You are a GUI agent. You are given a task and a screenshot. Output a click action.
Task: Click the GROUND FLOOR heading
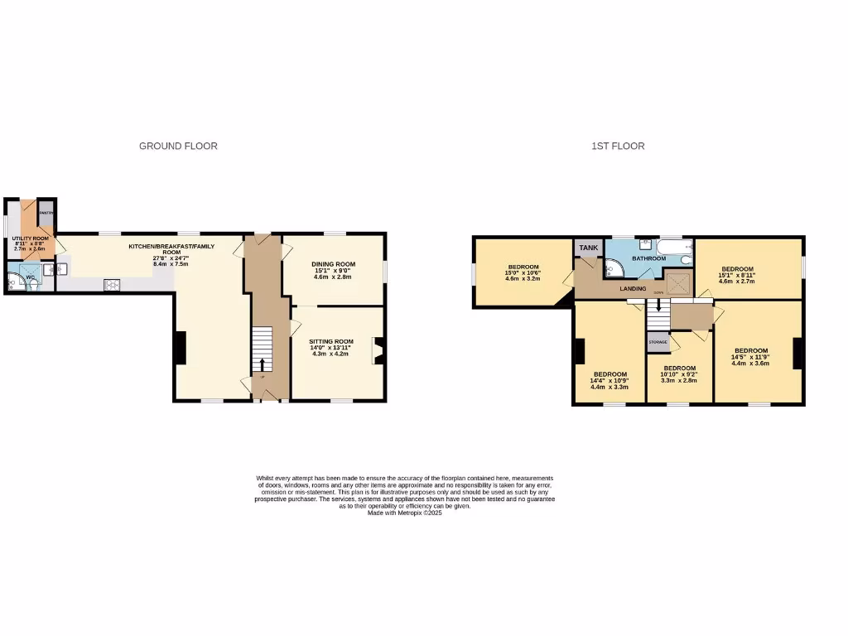[x=178, y=146]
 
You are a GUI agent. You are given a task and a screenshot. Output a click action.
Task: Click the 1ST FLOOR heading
[x=618, y=146]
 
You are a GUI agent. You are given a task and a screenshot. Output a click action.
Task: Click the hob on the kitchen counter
[x=111, y=285]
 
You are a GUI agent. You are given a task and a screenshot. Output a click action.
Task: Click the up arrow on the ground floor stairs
[x=263, y=365]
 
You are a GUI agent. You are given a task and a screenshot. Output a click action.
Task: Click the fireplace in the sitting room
[x=378, y=350]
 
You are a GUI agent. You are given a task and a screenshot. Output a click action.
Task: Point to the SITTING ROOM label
[x=331, y=341]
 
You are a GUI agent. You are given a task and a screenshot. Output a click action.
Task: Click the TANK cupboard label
[x=589, y=248]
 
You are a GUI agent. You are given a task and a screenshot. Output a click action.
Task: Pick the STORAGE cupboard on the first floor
[x=658, y=341]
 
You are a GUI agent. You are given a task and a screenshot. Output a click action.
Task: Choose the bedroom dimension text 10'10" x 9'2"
[x=679, y=374]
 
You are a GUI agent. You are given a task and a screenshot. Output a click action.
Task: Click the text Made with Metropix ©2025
[x=405, y=513]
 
